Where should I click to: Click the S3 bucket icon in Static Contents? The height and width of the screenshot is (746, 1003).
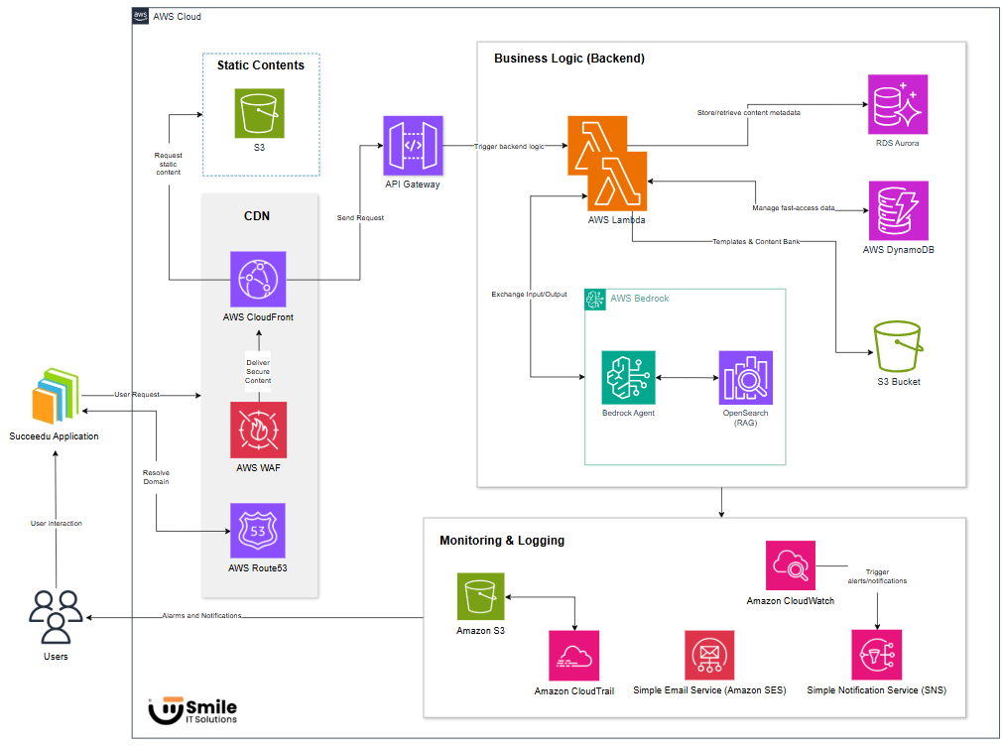259,113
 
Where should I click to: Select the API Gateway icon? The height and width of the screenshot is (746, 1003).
412,145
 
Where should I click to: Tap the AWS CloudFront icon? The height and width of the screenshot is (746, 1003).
258,279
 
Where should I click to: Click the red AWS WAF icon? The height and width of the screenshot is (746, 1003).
258,430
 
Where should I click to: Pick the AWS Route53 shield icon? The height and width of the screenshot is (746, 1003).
258,531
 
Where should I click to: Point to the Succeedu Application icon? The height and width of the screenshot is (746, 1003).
54,397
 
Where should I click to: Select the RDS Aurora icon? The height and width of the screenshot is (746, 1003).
897,104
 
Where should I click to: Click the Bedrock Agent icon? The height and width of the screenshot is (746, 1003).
628,378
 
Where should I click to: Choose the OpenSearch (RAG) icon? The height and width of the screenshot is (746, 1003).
746,378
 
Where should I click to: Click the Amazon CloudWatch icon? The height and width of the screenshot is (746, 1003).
790,565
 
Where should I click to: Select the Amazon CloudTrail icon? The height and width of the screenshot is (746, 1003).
573,656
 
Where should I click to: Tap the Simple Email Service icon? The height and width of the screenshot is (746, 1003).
709,655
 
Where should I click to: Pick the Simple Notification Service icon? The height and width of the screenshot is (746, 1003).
876,655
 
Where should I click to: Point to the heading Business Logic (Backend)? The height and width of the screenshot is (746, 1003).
569,59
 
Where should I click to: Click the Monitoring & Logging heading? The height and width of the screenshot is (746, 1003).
502,541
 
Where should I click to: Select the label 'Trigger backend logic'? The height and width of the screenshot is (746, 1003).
509,146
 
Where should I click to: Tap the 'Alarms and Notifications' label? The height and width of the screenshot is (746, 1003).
201,616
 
